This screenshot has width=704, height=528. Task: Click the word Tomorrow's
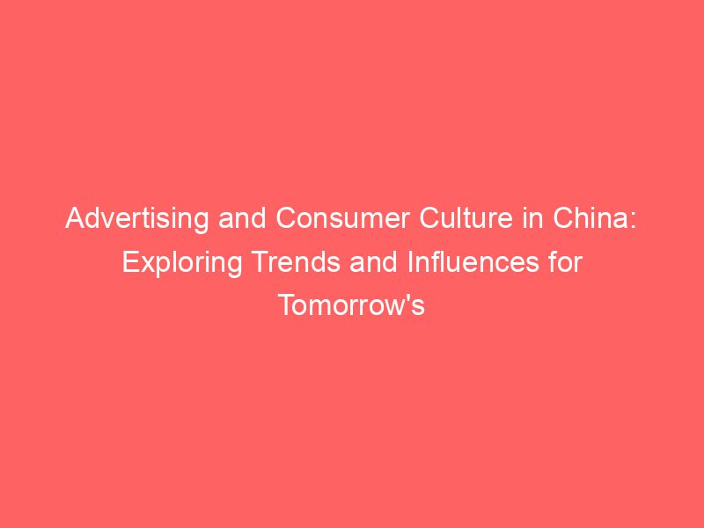[352, 304]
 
